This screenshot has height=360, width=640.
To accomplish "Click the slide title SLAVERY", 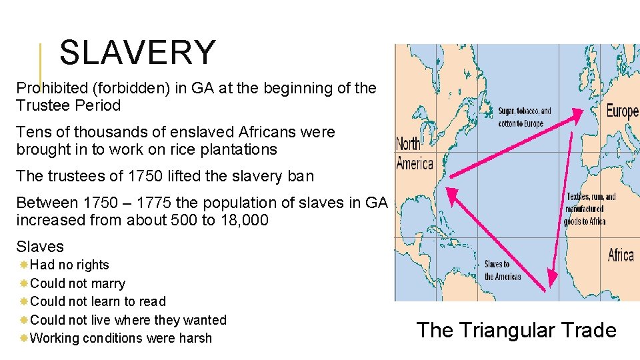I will [137, 53].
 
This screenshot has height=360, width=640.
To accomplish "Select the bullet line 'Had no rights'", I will [69, 265].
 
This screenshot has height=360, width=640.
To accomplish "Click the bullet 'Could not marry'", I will [77, 283].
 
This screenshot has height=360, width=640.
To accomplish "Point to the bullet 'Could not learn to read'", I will [98, 301].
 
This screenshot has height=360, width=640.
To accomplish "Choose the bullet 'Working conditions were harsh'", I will [121, 338].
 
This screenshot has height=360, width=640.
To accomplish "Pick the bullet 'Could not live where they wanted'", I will [128, 320].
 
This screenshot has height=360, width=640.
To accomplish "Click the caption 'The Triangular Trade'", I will [516, 330].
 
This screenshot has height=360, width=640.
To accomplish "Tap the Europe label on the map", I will [621, 111].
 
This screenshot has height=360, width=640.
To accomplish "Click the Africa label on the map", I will [620, 255].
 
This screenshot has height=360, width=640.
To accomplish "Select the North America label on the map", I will [415, 154].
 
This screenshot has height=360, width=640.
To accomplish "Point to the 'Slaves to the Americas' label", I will [503, 270].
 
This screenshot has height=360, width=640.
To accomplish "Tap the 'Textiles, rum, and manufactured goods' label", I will [591, 209].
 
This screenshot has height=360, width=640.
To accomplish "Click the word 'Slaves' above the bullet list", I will [40, 247].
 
